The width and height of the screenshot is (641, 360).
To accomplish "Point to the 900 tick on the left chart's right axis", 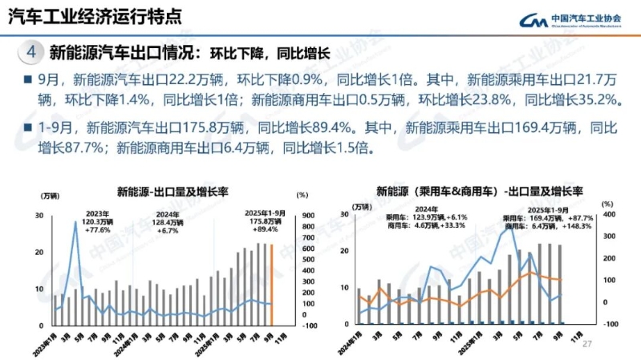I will click(x=308, y=216).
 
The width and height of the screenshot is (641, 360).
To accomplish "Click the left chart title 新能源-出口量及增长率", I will click(x=172, y=192).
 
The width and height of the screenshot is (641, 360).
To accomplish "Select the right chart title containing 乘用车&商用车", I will click(x=479, y=192).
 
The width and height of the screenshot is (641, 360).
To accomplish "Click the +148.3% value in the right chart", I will click(x=574, y=226).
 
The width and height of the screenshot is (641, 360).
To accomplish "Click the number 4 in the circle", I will click(x=30, y=54).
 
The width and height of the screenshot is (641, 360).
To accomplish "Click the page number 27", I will click(x=586, y=343).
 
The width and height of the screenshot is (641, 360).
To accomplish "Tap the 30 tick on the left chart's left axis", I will click(x=39, y=216).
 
